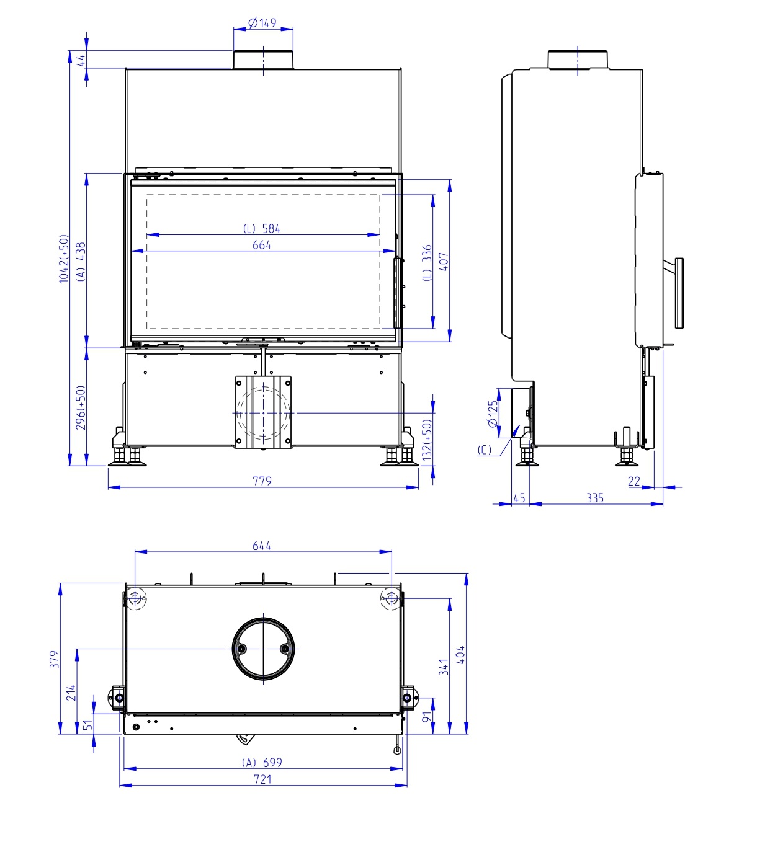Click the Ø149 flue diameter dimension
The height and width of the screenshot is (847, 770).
[x=262, y=22]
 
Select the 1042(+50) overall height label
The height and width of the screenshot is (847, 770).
[x=63, y=259]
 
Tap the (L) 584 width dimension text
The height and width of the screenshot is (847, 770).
[x=262, y=228]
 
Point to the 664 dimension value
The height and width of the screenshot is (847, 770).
[x=262, y=245]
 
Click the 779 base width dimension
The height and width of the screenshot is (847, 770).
[x=262, y=481]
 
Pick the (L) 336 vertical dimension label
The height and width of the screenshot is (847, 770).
[x=428, y=263]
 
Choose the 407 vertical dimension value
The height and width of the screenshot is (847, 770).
[x=444, y=262]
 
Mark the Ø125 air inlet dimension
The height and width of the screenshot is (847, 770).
[x=493, y=414]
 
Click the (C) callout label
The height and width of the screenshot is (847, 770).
[x=485, y=450]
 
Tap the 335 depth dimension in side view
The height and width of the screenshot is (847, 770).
[x=594, y=499]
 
